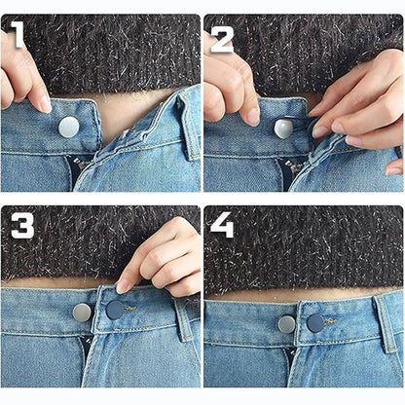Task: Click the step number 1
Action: pos(17,34)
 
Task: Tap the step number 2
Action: pos(222,40)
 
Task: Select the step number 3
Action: pos(22,226)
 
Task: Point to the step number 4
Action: pos(222,225)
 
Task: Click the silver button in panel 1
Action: pos(68,127)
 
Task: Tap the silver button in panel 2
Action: pos(283,129)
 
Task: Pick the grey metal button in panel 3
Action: pos(82,313)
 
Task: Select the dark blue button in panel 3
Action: pos(115,310)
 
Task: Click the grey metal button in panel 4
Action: pos(287,324)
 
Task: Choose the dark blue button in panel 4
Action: pos(315,323)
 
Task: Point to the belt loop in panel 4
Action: pos(386,323)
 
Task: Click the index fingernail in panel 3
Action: pos(123,286)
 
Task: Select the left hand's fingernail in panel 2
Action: pos(253,117)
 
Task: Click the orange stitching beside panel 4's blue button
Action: pos(331,321)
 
